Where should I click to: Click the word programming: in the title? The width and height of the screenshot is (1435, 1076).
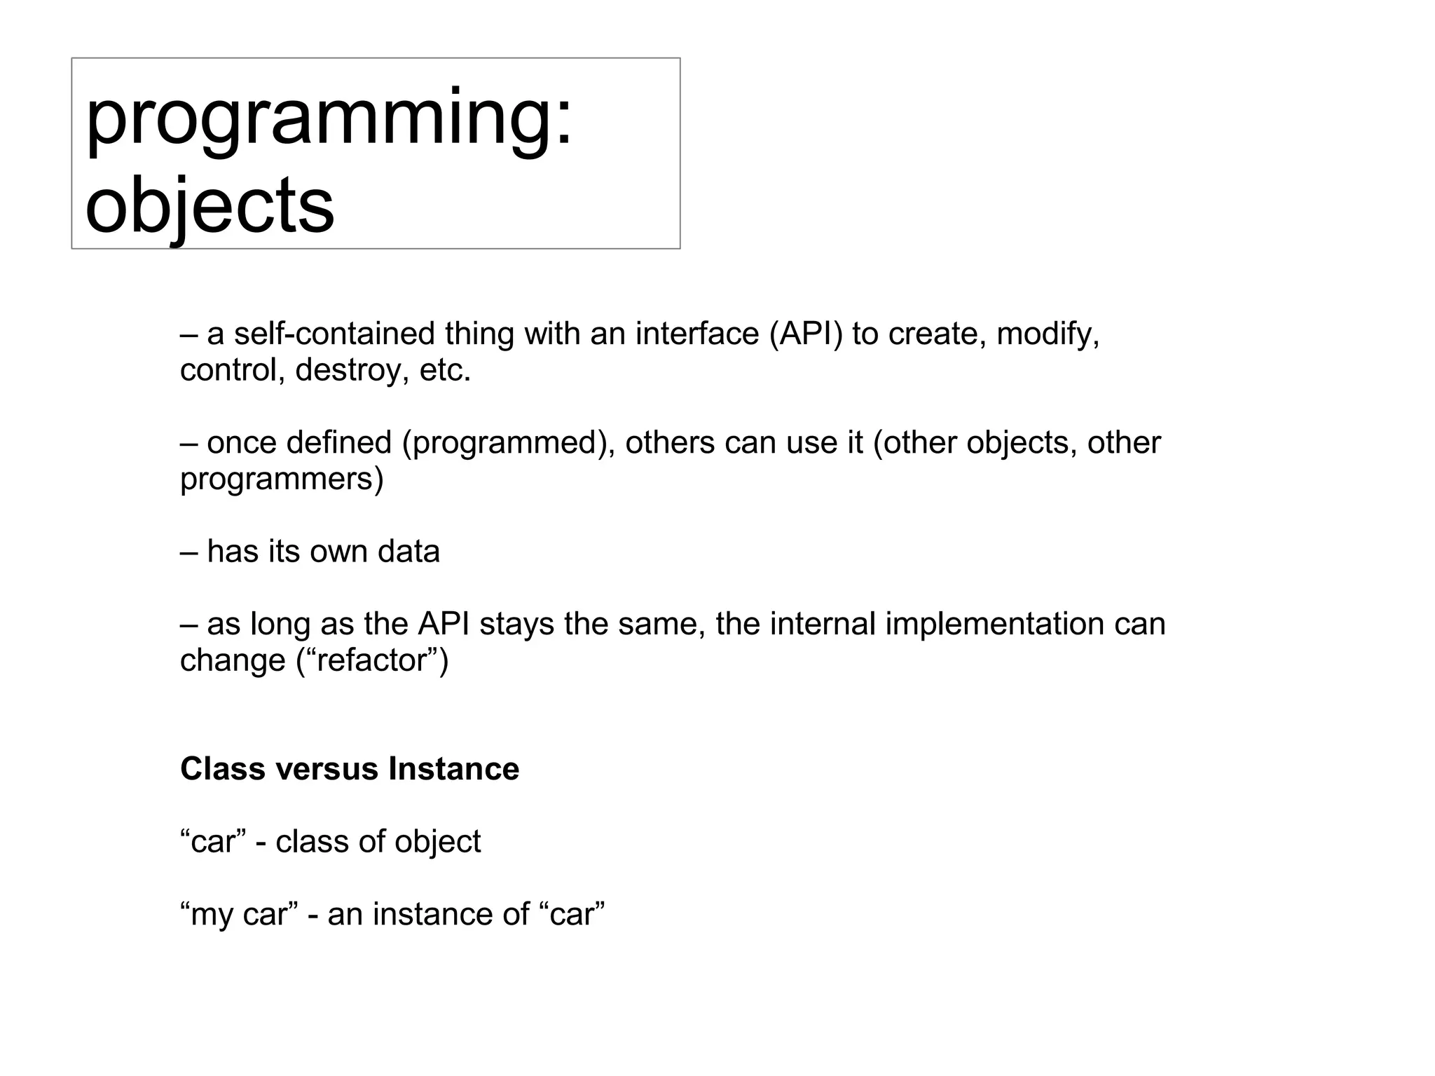click(x=329, y=119)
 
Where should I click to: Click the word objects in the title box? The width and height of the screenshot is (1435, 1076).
click(x=210, y=205)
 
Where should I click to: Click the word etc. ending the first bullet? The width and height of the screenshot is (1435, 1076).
click(x=445, y=370)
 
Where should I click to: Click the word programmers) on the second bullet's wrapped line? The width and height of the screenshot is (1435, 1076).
click(x=282, y=479)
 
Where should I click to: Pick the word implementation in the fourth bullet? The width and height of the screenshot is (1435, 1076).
click(x=994, y=624)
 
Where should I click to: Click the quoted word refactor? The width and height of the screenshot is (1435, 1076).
click(x=372, y=660)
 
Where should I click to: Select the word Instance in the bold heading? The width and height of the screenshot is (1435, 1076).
click(x=454, y=769)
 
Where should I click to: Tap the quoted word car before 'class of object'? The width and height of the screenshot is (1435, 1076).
click(x=213, y=842)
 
